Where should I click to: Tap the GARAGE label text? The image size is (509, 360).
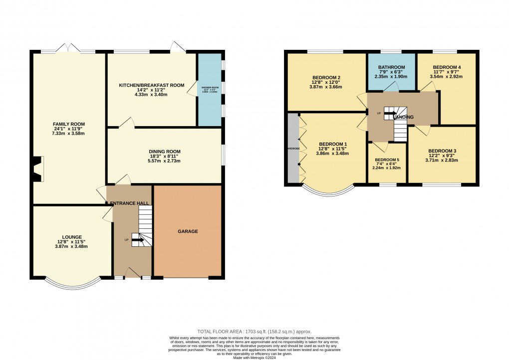[x=188, y=231]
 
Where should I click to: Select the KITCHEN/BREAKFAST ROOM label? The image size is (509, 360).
[x=152, y=85]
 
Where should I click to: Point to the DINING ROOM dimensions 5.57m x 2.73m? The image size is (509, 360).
[x=164, y=161]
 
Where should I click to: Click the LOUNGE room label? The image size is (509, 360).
[x=72, y=237]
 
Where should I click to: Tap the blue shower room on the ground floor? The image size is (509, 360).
[x=210, y=90]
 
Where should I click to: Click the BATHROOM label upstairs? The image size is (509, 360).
[x=391, y=67]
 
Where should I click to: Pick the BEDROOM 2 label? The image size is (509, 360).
[x=326, y=77]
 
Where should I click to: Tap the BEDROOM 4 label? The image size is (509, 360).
[x=447, y=67]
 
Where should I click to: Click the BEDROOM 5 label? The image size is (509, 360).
[x=387, y=160]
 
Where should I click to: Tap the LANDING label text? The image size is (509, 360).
[x=404, y=117]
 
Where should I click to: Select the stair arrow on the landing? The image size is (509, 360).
[x=390, y=113]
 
